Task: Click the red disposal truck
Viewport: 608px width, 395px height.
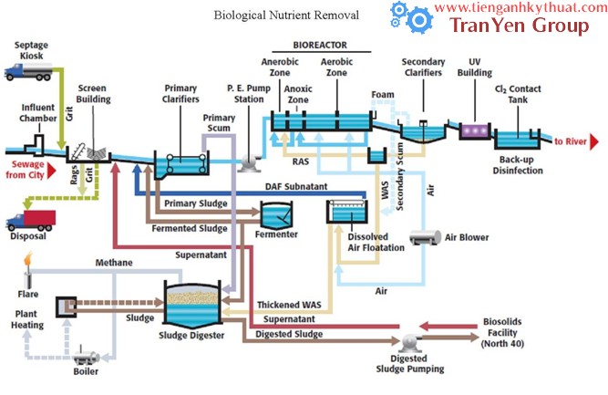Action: pos(30,220)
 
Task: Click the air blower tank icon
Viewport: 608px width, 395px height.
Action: pos(424,237)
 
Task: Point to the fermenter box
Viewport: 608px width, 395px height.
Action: pos(279,214)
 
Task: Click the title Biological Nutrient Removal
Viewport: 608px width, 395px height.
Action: pos(285,16)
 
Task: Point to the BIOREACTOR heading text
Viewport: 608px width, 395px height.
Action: pos(320,45)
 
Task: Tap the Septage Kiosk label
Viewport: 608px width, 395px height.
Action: pos(29,50)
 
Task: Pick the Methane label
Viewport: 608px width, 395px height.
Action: pos(114,263)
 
